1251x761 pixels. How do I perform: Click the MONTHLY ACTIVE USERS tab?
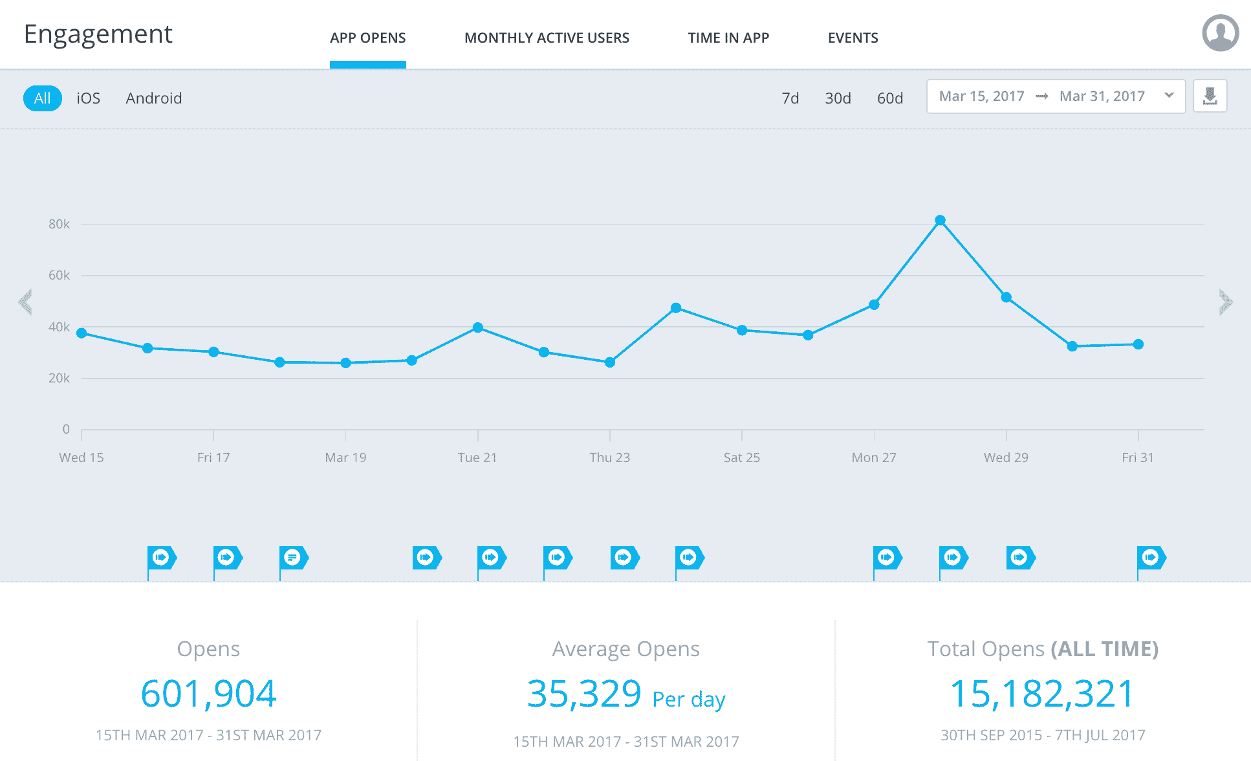(547, 38)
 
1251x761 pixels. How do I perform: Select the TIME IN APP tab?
(728, 38)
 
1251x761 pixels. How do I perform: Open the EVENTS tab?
(853, 38)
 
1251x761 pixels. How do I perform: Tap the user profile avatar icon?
(1220, 33)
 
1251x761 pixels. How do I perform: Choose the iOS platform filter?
(89, 98)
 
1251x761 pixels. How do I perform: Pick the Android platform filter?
(154, 98)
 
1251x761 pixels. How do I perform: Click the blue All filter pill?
(43, 98)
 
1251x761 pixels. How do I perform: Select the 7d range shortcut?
(790, 98)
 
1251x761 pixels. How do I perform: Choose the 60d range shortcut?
(889, 98)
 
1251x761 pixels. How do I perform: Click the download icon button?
(1210, 96)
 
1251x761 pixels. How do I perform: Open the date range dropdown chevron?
(1169, 96)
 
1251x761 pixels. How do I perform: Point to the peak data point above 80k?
(940, 221)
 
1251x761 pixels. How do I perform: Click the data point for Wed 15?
(82, 333)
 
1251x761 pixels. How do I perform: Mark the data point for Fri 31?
(1138, 344)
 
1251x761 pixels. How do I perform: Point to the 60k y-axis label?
(59, 275)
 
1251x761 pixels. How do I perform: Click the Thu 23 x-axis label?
(609, 458)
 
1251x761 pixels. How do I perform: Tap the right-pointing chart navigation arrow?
(1225, 302)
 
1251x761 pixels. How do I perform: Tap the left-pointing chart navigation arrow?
(26, 302)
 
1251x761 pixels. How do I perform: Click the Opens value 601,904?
(208, 694)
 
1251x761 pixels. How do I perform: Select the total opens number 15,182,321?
(1042, 694)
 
